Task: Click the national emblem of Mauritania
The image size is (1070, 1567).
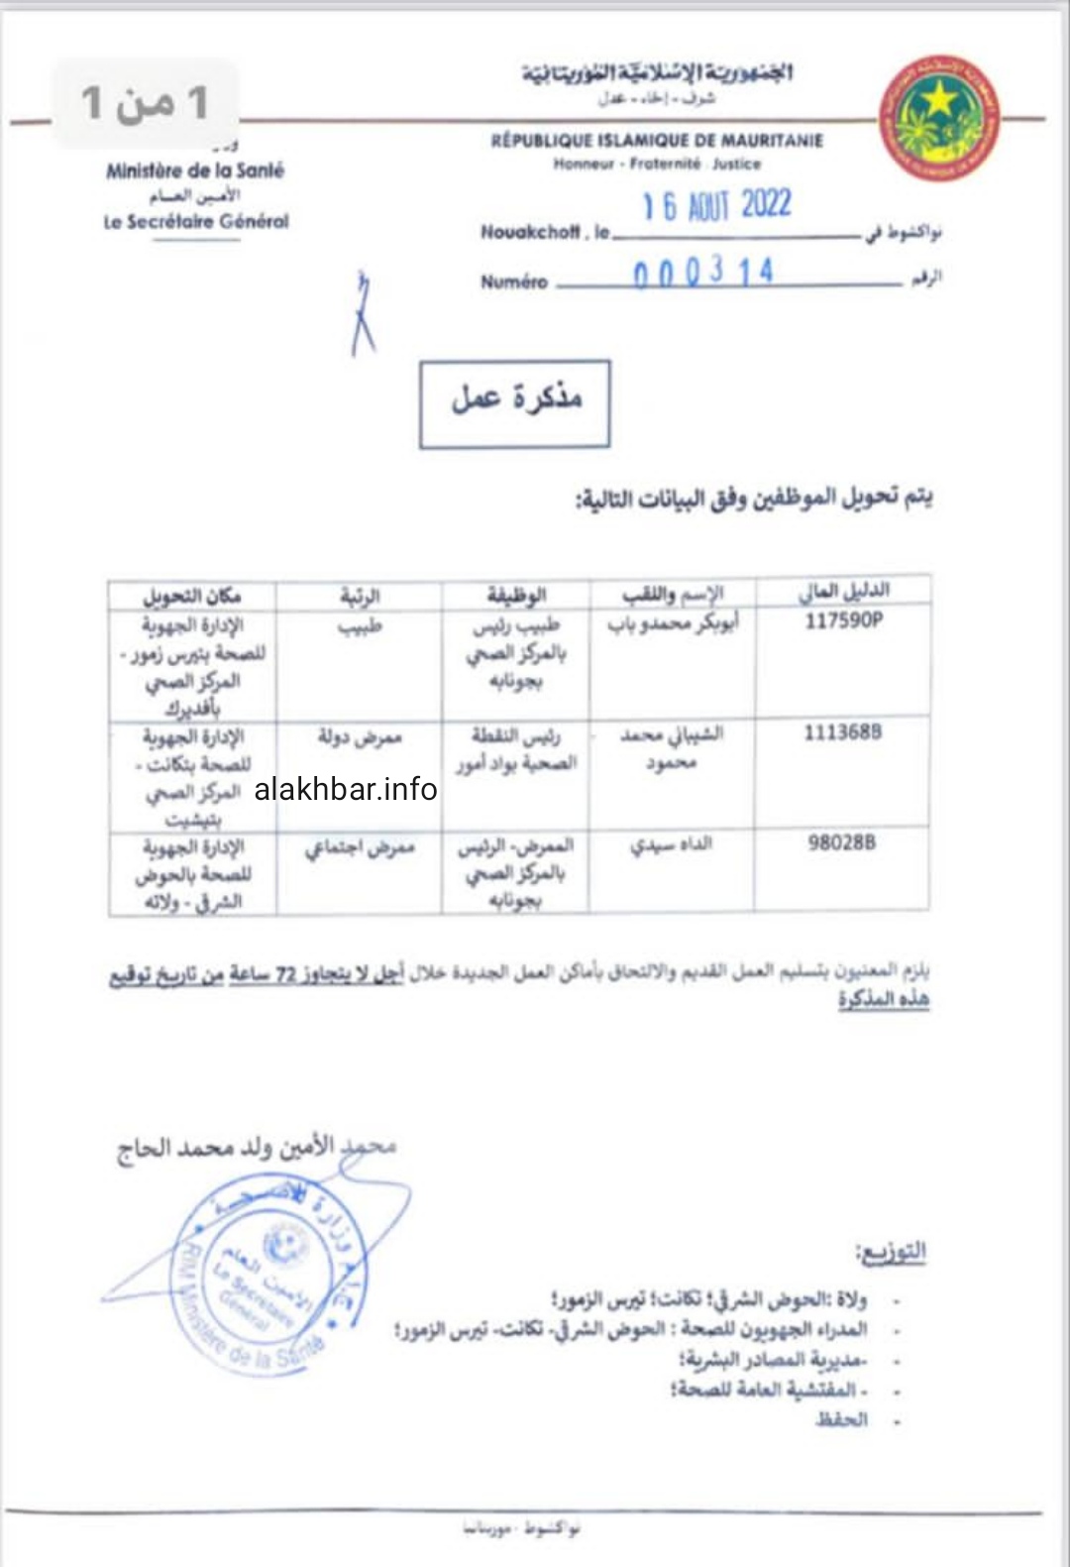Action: point(938,118)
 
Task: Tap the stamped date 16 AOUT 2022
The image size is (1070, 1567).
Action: point(716,206)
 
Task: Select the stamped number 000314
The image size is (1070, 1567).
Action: point(702,273)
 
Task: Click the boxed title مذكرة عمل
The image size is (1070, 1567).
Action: point(514,402)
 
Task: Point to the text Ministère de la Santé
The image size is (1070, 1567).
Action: point(195,170)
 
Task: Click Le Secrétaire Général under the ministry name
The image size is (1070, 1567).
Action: point(196,222)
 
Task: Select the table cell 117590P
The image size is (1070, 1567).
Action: point(843,620)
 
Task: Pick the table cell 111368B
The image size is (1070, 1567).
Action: point(842,732)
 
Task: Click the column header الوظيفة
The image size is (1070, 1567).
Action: point(516,595)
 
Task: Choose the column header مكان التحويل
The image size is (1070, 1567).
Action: point(191,596)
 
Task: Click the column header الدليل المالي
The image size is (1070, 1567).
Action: point(843,592)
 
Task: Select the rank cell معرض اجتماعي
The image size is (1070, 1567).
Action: point(359,847)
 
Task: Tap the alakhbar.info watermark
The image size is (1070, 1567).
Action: point(346,789)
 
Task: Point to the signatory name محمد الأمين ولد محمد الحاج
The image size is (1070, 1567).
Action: point(257,1148)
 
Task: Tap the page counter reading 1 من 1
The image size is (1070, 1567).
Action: point(145,103)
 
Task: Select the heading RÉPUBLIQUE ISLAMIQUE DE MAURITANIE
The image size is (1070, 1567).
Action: point(657,141)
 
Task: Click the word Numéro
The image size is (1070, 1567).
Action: point(513,281)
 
